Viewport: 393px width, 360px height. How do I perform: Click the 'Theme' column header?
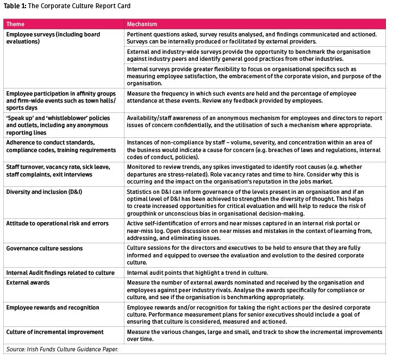(15, 24)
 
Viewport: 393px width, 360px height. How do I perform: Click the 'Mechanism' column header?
(142, 24)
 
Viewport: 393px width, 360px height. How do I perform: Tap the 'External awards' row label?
(28, 282)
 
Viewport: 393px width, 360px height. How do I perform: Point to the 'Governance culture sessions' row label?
(45, 248)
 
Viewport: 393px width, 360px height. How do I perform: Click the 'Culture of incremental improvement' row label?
(55, 331)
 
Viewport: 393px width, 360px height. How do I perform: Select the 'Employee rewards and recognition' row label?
(53, 307)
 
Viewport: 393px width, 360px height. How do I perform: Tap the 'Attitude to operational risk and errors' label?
(57, 223)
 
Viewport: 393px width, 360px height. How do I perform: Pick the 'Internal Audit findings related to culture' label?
(60, 272)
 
